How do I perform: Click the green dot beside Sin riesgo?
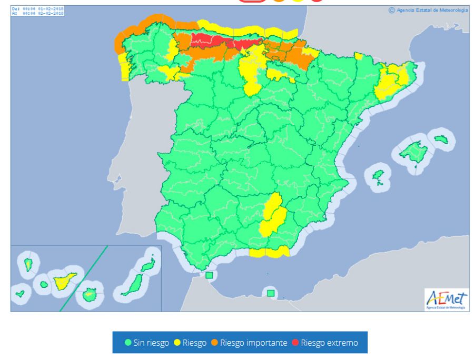[x=128, y=343]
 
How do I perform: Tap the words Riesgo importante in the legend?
[x=253, y=343]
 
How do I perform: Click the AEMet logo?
[x=446, y=299]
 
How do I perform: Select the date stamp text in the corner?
[x=37, y=11]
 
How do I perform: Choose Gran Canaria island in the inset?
[x=90, y=295]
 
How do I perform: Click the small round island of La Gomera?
[x=44, y=285]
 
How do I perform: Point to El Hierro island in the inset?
[x=21, y=293]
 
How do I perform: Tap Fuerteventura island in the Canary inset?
[x=131, y=285]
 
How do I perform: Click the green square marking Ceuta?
[x=209, y=275]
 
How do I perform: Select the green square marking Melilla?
[x=270, y=293]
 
